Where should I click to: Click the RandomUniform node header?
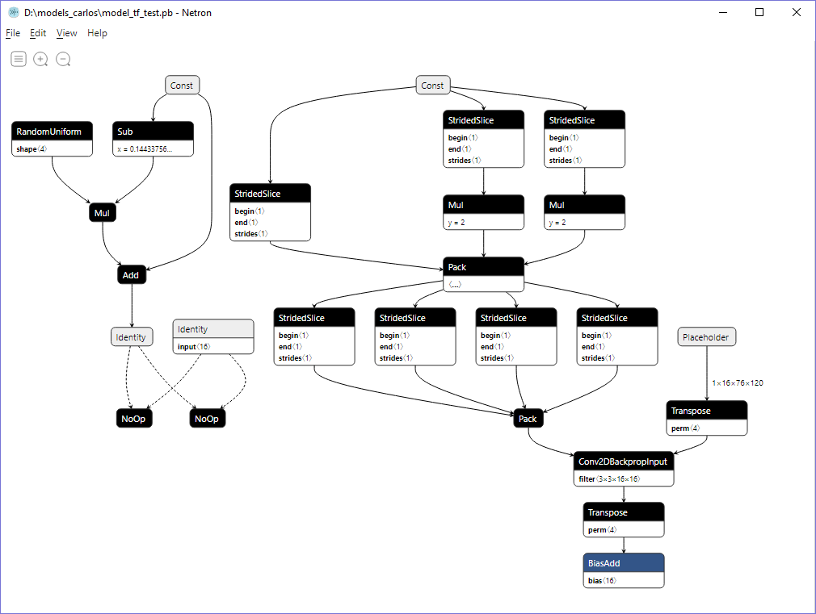click(x=53, y=132)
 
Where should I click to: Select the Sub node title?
click(x=153, y=132)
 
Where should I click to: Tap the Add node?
click(x=131, y=275)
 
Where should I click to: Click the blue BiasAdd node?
click(x=623, y=563)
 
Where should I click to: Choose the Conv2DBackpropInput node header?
click(x=623, y=462)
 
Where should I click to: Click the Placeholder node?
click(x=706, y=337)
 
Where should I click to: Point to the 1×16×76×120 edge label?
click(x=737, y=383)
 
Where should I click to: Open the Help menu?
click(x=97, y=33)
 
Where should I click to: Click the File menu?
click(x=13, y=33)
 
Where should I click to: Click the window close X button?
click(x=796, y=12)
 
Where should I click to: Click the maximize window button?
click(x=759, y=12)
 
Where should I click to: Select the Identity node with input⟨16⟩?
click(x=213, y=329)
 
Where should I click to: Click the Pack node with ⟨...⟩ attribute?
click(x=483, y=267)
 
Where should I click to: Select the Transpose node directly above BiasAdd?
click(x=623, y=512)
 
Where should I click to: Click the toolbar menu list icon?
click(x=19, y=59)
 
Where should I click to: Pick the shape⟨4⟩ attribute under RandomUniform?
click(x=32, y=149)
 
